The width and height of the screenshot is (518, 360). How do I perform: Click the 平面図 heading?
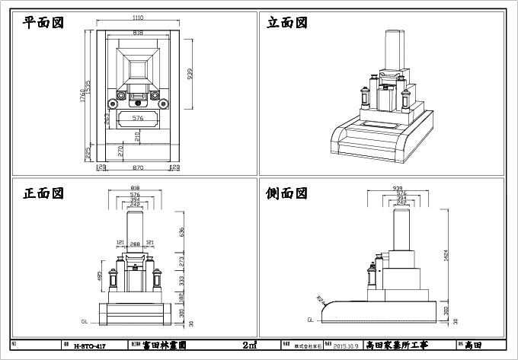click(43, 22)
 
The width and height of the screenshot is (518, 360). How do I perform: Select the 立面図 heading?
click(286, 23)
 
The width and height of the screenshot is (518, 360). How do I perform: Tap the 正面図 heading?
click(43, 193)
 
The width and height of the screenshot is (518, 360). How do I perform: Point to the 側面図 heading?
click(286, 193)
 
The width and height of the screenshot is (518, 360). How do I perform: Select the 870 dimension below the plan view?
click(138, 167)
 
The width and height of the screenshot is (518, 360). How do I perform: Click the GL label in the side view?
click(310, 320)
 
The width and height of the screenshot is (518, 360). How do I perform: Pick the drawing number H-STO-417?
click(89, 346)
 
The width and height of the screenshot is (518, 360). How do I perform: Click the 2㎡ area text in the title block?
click(248, 345)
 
